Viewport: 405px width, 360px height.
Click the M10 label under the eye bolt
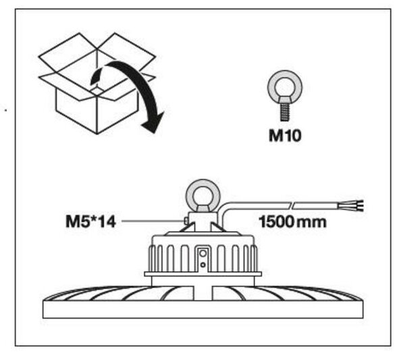(x=285, y=135)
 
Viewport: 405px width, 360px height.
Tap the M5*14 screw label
(x=91, y=222)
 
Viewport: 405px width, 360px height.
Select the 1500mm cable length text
(x=292, y=222)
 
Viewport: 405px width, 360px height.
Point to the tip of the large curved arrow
(x=155, y=133)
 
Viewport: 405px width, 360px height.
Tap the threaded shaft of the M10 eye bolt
(x=285, y=112)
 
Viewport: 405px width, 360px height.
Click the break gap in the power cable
(x=292, y=206)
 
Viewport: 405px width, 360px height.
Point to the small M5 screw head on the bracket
(x=186, y=221)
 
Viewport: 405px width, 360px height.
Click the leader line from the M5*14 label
(x=153, y=222)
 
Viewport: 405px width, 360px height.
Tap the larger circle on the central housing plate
(x=203, y=253)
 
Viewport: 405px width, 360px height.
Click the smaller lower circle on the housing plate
(x=203, y=265)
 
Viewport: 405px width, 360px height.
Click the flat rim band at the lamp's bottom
(x=203, y=309)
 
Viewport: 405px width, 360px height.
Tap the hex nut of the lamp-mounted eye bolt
(x=203, y=207)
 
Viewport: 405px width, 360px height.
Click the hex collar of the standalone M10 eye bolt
(x=285, y=100)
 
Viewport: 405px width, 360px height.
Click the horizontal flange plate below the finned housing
(x=203, y=274)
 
